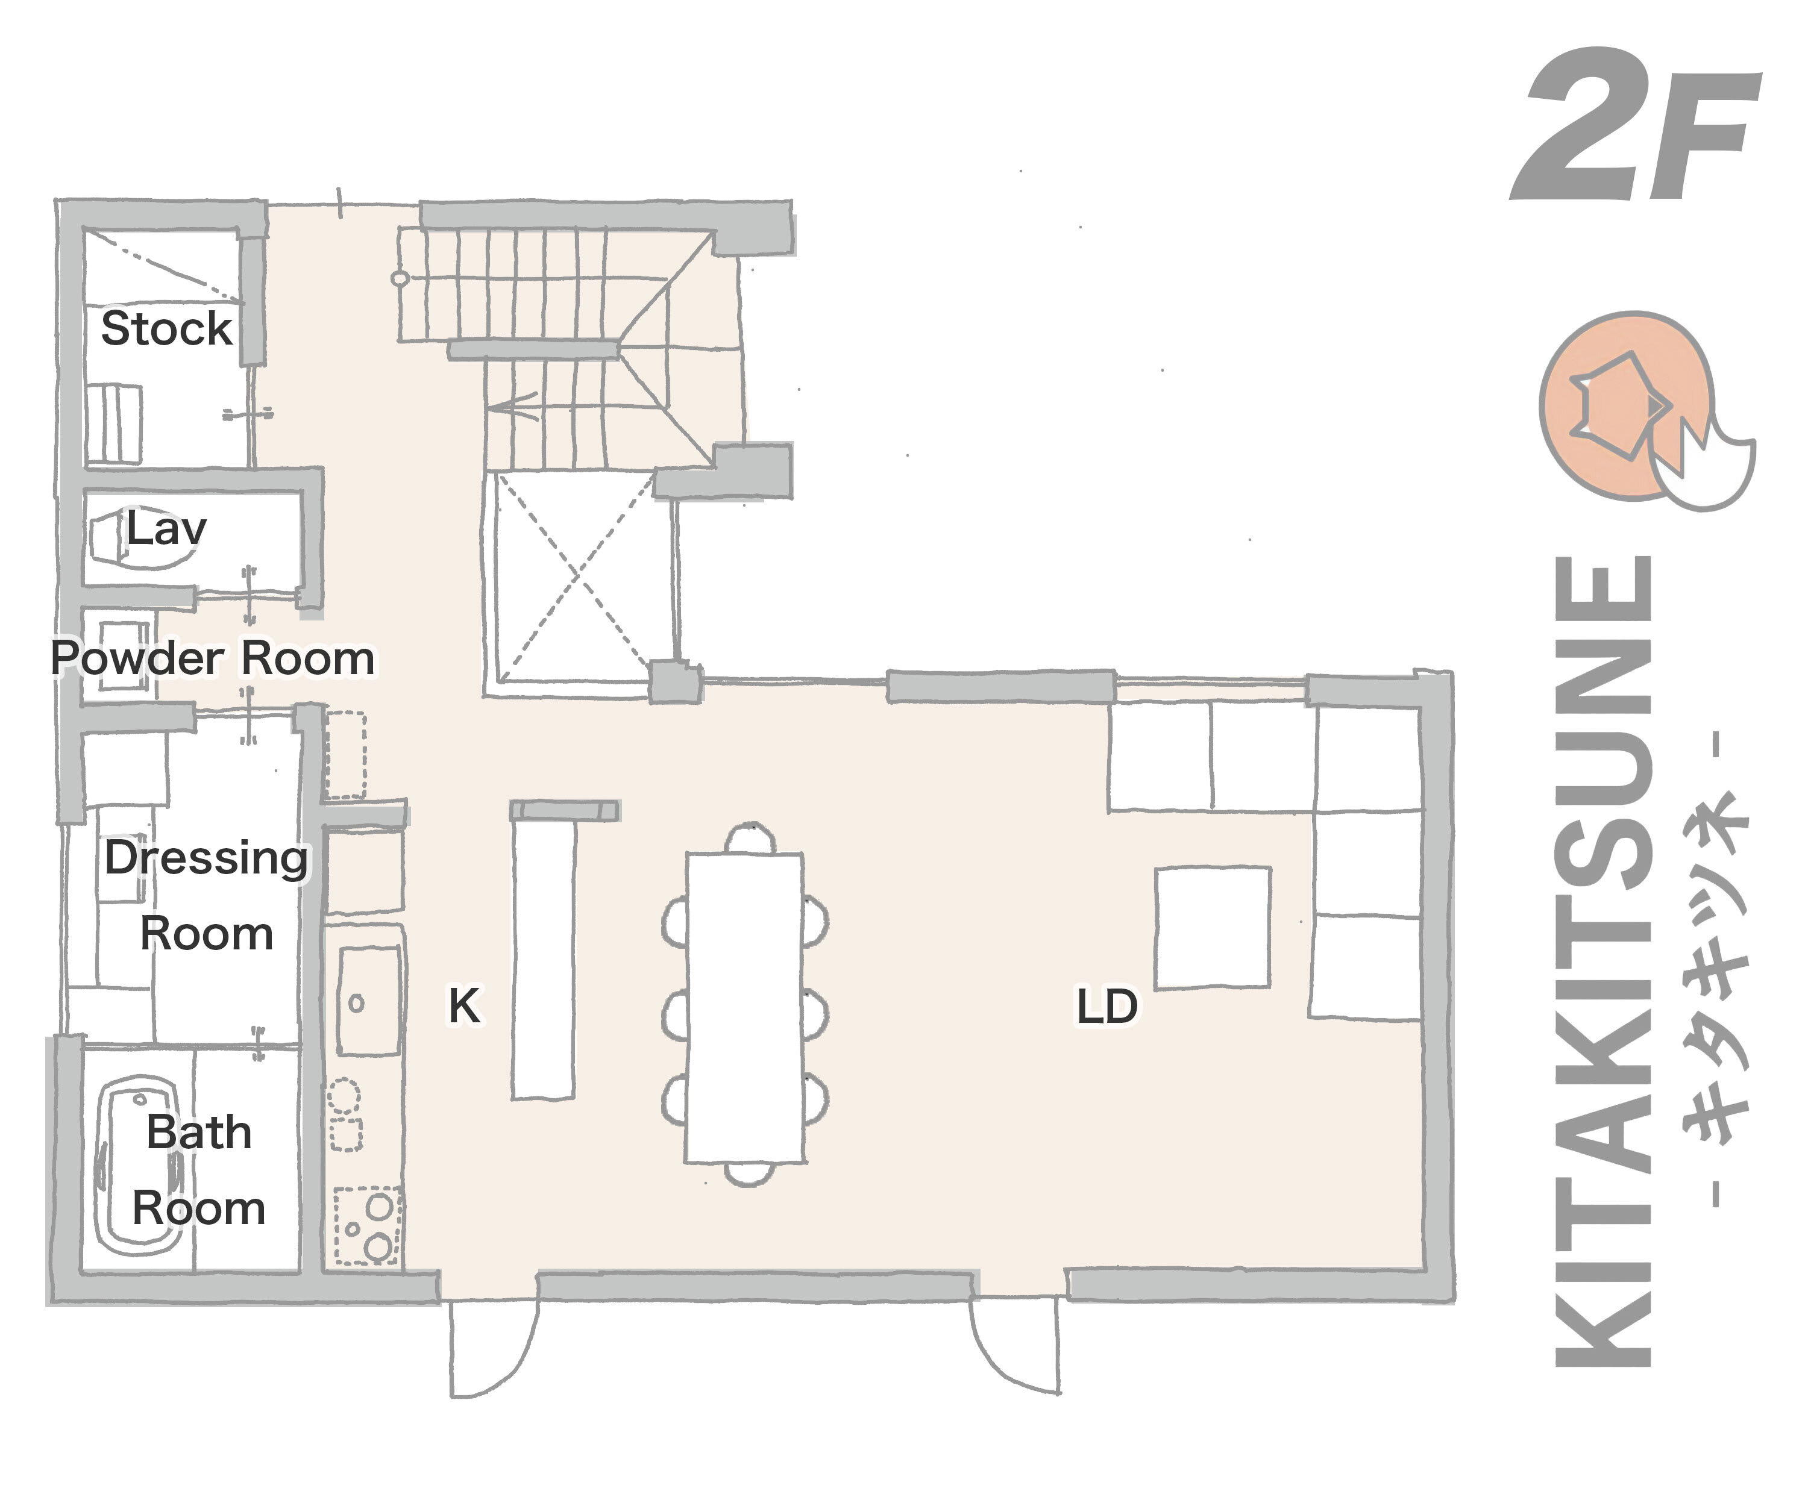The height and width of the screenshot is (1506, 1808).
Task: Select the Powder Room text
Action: pyautogui.click(x=213, y=658)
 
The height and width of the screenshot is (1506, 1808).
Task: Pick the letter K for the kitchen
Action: pyautogui.click(x=464, y=1005)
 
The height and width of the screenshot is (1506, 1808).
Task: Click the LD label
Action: pyautogui.click(x=1107, y=1006)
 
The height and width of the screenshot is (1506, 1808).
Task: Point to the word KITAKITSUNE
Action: pyautogui.click(x=1603, y=960)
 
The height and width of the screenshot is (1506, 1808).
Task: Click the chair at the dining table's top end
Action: pyautogui.click(x=750, y=838)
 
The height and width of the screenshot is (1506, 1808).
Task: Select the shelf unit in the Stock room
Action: pyautogui.click(x=114, y=425)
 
